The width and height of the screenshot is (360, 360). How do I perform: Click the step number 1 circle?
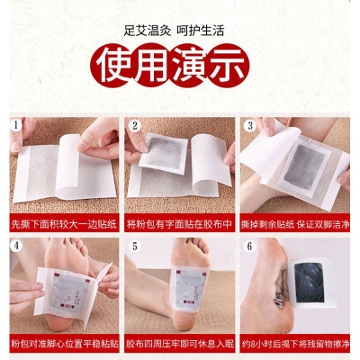(x=15, y=125)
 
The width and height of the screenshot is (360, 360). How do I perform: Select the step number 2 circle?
(x=134, y=125)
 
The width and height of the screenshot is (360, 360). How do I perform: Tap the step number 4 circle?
(x=15, y=245)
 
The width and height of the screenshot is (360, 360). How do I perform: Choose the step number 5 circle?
(x=134, y=245)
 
